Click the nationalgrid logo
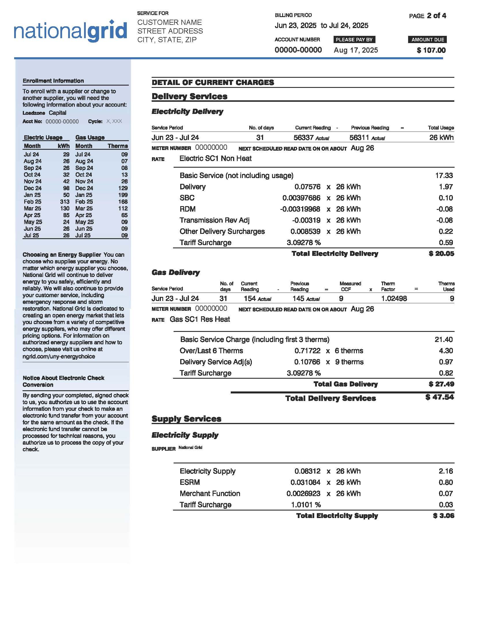click(x=70, y=31)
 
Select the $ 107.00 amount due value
click(x=431, y=50)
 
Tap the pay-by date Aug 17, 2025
click(x=356, y=50)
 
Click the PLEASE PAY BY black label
click(x=354, y=40)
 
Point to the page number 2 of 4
click(x=436, y=16)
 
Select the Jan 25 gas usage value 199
click(x=123, y=195)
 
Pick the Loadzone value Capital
click(x=57, y=113)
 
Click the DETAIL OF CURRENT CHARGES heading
click(x=213, y=83)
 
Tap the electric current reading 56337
click(x=303, y=138)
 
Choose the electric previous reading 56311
click(x=359, y=138)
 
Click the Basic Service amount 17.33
click(x=444, y=175)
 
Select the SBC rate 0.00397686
click(x=301, y=198)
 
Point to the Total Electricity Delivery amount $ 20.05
click(x=441, y=254)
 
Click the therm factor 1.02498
click(x=394, y=299)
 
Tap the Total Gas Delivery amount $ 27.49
click(x=441, y=384)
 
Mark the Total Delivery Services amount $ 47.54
click(x=439, y=397)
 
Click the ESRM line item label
click(x=190, y=482)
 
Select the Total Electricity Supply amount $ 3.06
click(x=443, y=516)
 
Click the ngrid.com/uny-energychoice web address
click(x=59, y=356)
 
